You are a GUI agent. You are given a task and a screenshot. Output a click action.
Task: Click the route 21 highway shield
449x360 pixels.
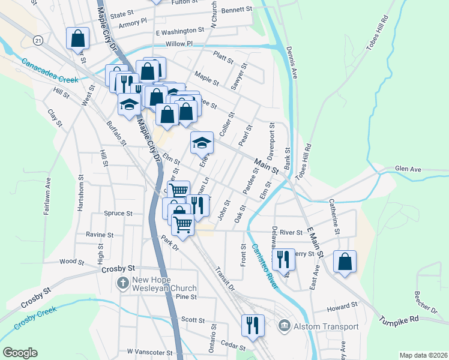(x=38, y=40)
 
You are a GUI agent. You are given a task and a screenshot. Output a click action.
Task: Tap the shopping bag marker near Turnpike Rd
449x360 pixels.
(x=345, y=262)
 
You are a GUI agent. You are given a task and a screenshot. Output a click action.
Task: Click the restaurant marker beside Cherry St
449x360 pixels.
(x=283, y=259)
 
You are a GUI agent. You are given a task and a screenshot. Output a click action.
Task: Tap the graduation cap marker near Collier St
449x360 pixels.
(x=202, y=142)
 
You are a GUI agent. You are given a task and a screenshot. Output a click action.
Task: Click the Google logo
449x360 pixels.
(x=20, y=353)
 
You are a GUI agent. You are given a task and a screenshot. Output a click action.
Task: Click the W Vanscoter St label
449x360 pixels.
(x=149, y=352)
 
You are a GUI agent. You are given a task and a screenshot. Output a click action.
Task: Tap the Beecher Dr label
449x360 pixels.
(x=425, y=302)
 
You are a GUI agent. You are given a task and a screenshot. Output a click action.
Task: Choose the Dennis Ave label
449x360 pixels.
(x=291, y=63)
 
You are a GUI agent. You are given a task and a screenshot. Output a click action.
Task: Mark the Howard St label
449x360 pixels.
(x=342, y=307)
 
